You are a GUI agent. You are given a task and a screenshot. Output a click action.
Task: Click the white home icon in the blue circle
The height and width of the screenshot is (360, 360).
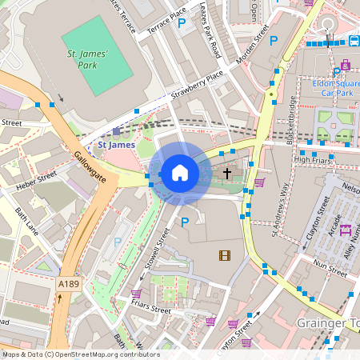[x=179, y=172]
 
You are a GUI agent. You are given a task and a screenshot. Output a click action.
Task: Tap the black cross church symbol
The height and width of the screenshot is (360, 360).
[x=226, y=172]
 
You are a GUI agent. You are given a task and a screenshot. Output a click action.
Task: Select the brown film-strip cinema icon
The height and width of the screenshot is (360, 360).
[x=224, y=255]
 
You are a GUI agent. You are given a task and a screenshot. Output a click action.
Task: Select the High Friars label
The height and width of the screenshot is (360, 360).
[x=311, y=159]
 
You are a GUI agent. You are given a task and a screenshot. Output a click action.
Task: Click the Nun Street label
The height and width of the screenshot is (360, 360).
[x=330, y=262]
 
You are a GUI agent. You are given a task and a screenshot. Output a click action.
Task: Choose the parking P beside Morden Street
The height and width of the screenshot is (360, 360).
[x=274, y=41]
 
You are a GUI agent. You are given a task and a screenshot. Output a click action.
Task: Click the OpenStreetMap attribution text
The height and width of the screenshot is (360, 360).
[x=80, y=354]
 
